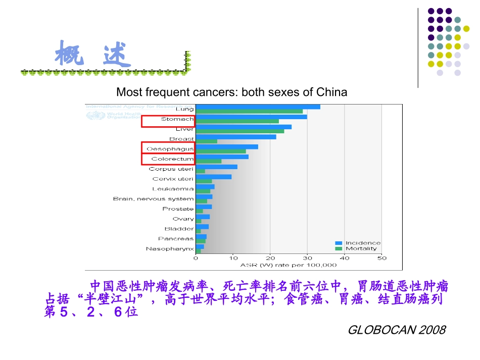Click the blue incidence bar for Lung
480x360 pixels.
click(x=258, y=107)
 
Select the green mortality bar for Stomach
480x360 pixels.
click(x=237, y=121)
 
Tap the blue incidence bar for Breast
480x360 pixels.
click(x=235, y=137)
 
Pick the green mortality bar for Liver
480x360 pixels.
click(x=239, y=131)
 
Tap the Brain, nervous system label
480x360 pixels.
click(x=153, y=199)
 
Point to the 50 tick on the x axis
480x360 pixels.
click(x=381, y=258)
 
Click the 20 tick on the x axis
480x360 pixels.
click(x=270, y=258)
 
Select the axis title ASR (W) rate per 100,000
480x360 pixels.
click(x=289, y=265)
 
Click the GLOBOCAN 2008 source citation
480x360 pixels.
click(x=397, y=330)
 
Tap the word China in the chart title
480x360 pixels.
click(x=331, y=92)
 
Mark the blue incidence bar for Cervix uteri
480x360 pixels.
click(x=214, y=177)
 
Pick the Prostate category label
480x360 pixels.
click(x=178, y=209)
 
